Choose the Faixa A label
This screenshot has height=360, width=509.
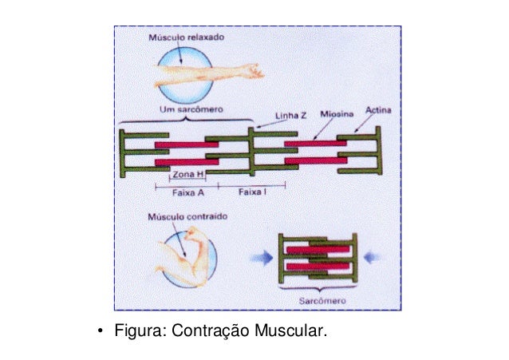click(187, 192)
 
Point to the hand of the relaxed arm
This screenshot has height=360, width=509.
click(254, 73)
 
